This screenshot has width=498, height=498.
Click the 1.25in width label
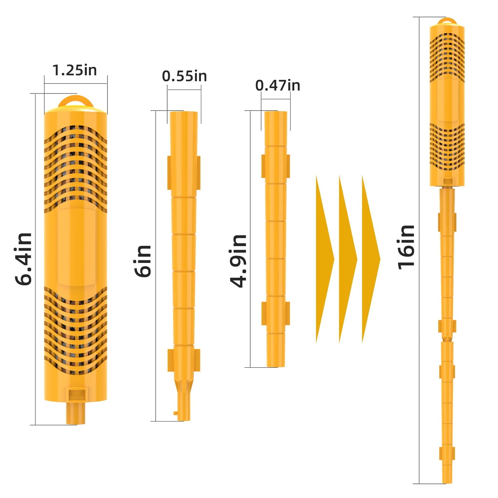point(74,70)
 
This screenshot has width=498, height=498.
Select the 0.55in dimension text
point(184,76)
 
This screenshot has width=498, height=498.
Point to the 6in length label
point(143,261)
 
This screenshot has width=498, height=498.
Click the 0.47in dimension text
point(277,85)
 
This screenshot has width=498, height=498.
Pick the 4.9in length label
point(238,261)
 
